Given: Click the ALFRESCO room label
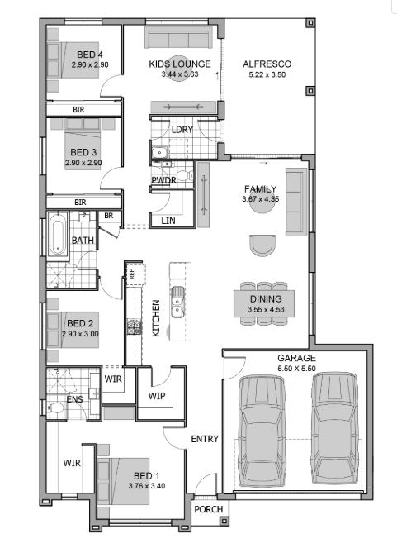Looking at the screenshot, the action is click(x=267, y=64).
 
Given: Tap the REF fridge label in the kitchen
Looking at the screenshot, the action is click(x=131, y=274).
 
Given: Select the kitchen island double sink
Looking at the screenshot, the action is click(x=177, y=302).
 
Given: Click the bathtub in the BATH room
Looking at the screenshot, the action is click(x=58, y=233).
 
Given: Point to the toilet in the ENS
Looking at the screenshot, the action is click(x=55, y=407).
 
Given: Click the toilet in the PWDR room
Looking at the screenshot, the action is click(x=185, y=175).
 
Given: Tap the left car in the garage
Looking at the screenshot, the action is click(x=262, y=431).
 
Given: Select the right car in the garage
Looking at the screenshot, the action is click(x=334, y=428).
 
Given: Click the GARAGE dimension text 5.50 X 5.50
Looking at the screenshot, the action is click(x=296, y=369).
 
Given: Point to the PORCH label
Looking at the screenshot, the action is click(x=209, y=509).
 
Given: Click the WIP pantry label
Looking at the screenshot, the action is click(x=157, y=396).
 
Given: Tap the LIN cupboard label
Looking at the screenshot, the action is click(x=168, y=221).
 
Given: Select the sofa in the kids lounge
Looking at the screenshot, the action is click(x=178, y=37).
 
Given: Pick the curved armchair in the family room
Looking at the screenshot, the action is click(x=262, y=245).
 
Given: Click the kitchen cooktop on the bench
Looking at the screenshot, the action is click(x=134, y=327).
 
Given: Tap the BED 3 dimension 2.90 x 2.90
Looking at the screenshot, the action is click(x=83, y=163).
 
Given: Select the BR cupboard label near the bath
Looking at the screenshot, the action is click(x=109, y=216).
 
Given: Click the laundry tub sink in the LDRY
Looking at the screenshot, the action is click(x=159, y=152).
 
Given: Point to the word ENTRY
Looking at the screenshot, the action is click(x=205, y=439).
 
